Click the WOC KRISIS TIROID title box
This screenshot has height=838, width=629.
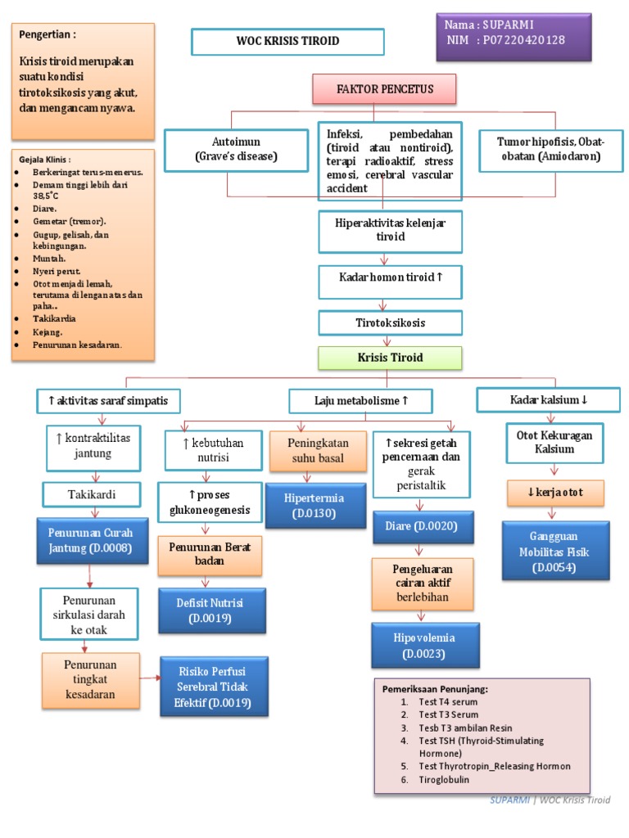coord(287,42)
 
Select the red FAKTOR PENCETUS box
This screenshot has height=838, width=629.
coord(385,88)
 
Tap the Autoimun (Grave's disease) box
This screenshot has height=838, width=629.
coord(237,151)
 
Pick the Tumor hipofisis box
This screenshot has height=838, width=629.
coord(551,151)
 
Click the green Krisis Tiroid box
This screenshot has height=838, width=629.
coord(390,358)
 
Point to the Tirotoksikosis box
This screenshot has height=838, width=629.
coord(391,322)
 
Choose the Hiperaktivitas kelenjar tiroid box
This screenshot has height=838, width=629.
coord(391,232)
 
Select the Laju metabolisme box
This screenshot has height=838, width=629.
coord(361,401)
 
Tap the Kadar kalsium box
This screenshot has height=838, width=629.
coord(549,399)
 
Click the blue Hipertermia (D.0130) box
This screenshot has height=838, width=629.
coord(315,506)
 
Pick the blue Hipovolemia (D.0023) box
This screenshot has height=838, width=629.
coord(425,645)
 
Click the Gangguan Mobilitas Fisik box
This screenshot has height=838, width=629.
coord(556,551)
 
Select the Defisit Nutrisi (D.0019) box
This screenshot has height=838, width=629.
coord(212,610)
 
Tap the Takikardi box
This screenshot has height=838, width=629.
coord(92,494)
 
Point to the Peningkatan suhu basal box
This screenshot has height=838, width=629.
coord(319,451)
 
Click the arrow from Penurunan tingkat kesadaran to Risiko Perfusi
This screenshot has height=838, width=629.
coord(151,678)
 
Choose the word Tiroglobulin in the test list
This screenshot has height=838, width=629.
coord(444,779)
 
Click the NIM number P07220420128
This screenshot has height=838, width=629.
coord(523,40)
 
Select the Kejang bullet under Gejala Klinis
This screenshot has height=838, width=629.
coord(39,332)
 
